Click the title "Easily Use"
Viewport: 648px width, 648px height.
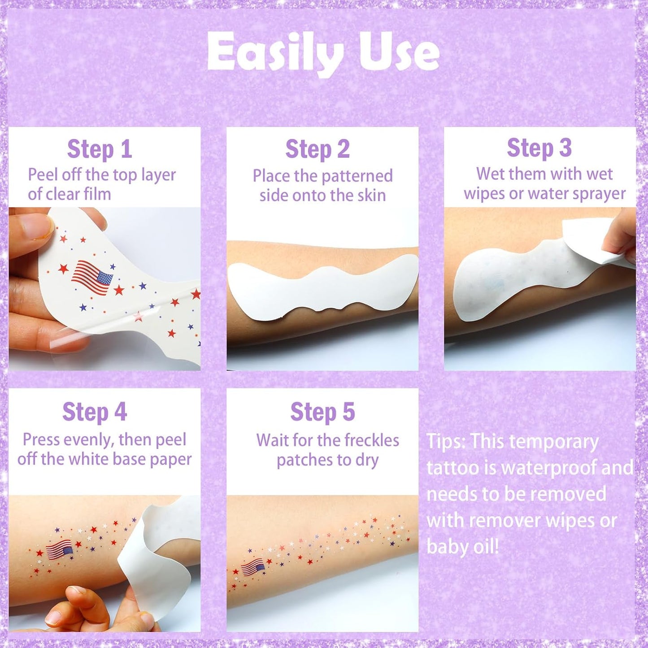[x=323, y=53]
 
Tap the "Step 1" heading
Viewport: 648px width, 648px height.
[x=100, y=149]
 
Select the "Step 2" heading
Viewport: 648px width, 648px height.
[x=317, y=149]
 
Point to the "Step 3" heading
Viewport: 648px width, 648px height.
[x=539, y=148]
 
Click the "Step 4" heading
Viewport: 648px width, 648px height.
[x=95, y=412]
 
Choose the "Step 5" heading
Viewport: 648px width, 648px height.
[x=322, y=412]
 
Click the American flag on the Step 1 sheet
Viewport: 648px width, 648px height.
[x=92, y=277]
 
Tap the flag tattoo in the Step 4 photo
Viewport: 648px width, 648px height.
[x=59, y=549]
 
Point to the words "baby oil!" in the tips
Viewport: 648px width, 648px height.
[x=462, y=547]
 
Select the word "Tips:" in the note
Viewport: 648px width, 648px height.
[x=446, y=442]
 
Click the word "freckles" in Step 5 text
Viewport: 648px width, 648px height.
[x=371, y=440]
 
